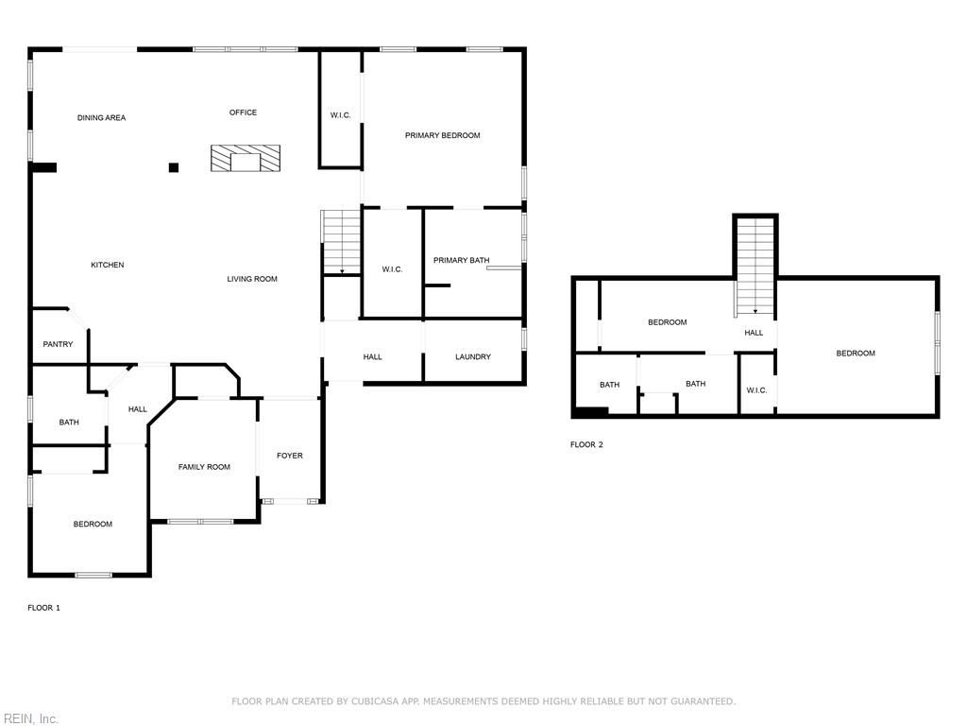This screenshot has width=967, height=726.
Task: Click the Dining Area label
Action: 101,118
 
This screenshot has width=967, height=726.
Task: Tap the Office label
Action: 243,112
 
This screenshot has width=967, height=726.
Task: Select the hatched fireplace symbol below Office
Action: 246,158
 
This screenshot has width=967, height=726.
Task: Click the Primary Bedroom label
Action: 442,135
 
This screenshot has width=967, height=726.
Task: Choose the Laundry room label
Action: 472,356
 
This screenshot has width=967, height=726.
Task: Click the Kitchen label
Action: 107,265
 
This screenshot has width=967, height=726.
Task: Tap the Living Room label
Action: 252,279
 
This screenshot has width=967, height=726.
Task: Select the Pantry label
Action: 58,344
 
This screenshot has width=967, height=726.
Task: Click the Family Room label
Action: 204,467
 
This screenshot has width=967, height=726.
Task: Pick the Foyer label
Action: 290,456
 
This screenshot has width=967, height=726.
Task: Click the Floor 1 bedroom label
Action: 93,524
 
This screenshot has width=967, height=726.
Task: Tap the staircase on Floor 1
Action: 342,242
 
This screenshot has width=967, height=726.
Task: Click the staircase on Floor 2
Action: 755,267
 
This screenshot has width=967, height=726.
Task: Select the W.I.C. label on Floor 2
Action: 756,390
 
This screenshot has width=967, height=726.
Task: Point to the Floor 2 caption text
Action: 586,444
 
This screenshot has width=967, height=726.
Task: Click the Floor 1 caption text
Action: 43,608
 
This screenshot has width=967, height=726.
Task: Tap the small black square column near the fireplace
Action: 174,167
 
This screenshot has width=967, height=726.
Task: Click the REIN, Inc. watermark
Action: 29,718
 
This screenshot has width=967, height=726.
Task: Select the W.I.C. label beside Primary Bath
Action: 392,269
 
